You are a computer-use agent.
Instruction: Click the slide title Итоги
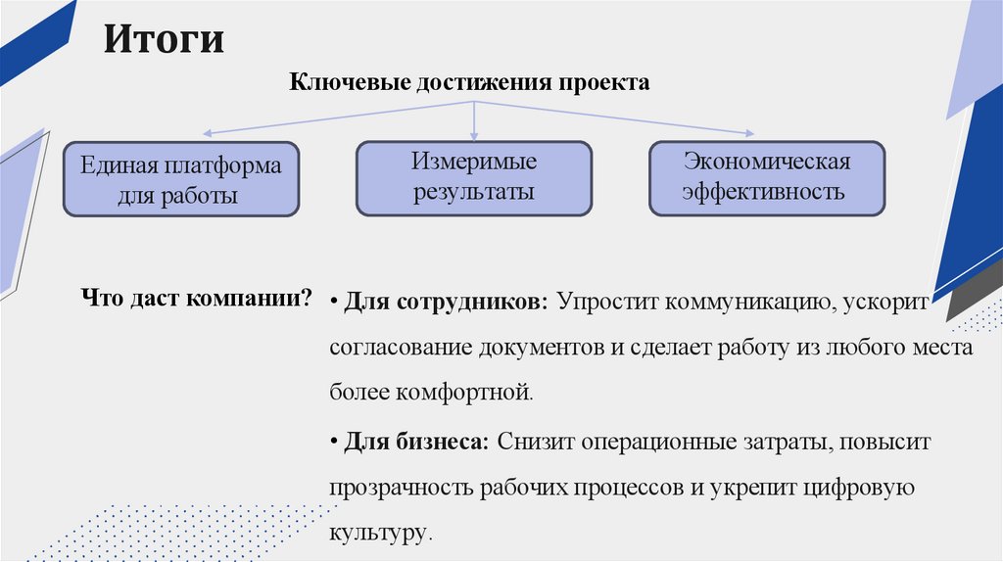coord(165,40)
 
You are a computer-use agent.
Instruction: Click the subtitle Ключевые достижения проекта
coord(469,83)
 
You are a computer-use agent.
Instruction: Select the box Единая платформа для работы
coord(180,181)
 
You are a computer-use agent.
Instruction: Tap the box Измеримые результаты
coord(473,176)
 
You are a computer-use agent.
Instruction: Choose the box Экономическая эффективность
coord(767,176)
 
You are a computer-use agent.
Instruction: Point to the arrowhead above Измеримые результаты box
coord(474,133)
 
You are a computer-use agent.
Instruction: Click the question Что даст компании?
coord(196,298)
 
